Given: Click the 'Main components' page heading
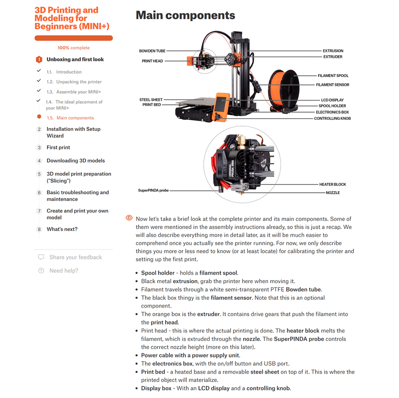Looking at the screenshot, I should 185,16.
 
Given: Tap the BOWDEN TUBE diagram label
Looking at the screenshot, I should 152,51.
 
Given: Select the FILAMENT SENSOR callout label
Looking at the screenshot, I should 332,85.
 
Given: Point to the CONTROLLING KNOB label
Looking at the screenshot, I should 332,118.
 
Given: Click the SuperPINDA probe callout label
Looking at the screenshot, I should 154,191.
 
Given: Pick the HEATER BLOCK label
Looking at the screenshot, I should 332,184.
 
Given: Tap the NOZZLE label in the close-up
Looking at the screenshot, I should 332,193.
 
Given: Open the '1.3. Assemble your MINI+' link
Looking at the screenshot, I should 78,92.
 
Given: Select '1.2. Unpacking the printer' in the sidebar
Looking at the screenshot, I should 79,82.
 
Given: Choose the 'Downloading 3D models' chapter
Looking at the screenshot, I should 76,161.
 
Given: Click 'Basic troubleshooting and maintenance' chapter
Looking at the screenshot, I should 78,196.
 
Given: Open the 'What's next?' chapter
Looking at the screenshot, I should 62,229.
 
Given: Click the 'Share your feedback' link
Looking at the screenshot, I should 75,257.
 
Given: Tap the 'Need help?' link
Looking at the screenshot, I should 64,271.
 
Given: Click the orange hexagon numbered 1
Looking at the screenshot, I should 39,60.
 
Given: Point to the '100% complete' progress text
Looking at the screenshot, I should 74,48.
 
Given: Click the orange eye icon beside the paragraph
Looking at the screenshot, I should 129,218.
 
